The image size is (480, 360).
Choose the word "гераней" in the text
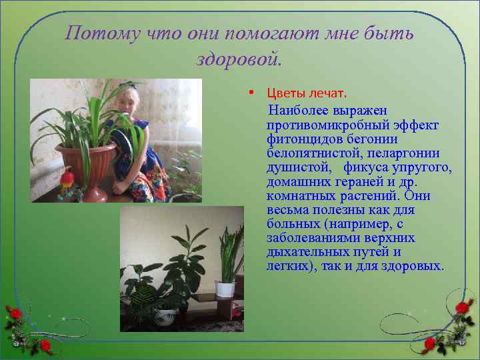point(353,182)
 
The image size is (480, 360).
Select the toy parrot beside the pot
point(66,180)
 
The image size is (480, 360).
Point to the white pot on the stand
point(225,289)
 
